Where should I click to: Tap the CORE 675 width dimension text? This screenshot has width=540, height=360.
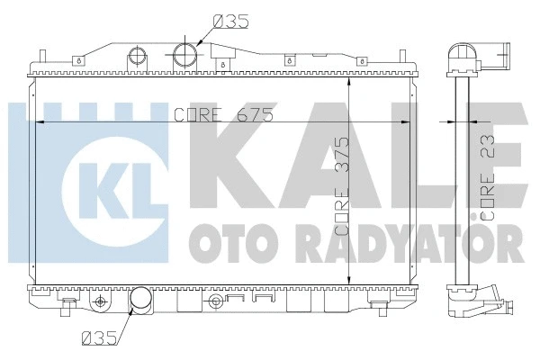pos(224,114)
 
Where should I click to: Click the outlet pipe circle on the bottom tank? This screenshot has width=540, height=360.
pos(141,301)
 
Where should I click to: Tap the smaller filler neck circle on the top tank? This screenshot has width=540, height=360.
pos(137,53)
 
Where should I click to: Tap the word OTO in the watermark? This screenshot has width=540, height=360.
pos(217,242)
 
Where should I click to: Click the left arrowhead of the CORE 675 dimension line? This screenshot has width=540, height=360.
pos(37,121)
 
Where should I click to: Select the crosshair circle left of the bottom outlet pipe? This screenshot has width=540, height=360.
pos(101,299)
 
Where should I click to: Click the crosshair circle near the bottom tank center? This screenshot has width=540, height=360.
pos(215,300)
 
